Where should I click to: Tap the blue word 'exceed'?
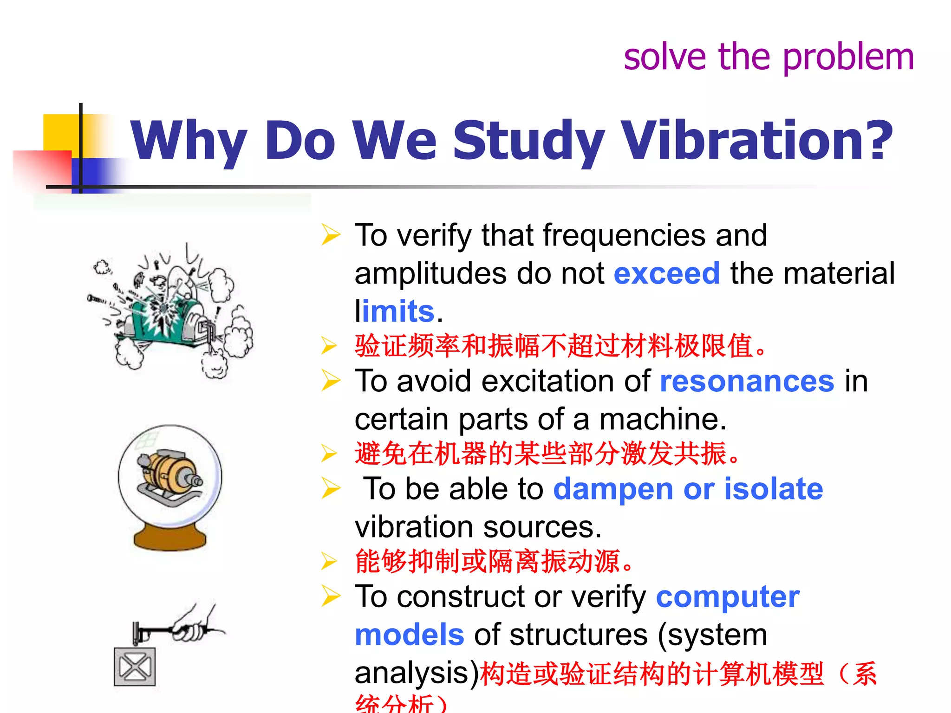[666, 273]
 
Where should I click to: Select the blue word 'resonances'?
[747, 382]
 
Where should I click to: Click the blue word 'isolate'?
[773, 489]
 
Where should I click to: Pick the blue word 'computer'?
[727, 597]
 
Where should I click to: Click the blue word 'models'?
[409, 635]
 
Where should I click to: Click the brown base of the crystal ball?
[169, 538]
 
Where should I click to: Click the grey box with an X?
[135, 667]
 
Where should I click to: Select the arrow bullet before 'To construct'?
[331, 596]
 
